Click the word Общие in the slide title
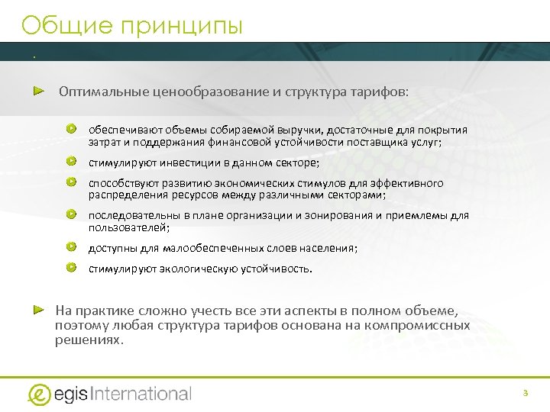tap(60, 26)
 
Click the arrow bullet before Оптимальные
tap(39, 91)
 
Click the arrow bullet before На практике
tap(39, 310)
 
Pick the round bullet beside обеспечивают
tap(71, 128)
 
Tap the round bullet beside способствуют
tap(71, 182)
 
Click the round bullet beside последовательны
tap(71, 214)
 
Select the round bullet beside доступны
tap(71, 246)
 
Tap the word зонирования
tap(337, 215)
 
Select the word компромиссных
tap(426, 326)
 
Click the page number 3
tap(525, 393)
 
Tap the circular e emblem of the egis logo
tap(39, 394)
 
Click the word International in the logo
tap(141, 394)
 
